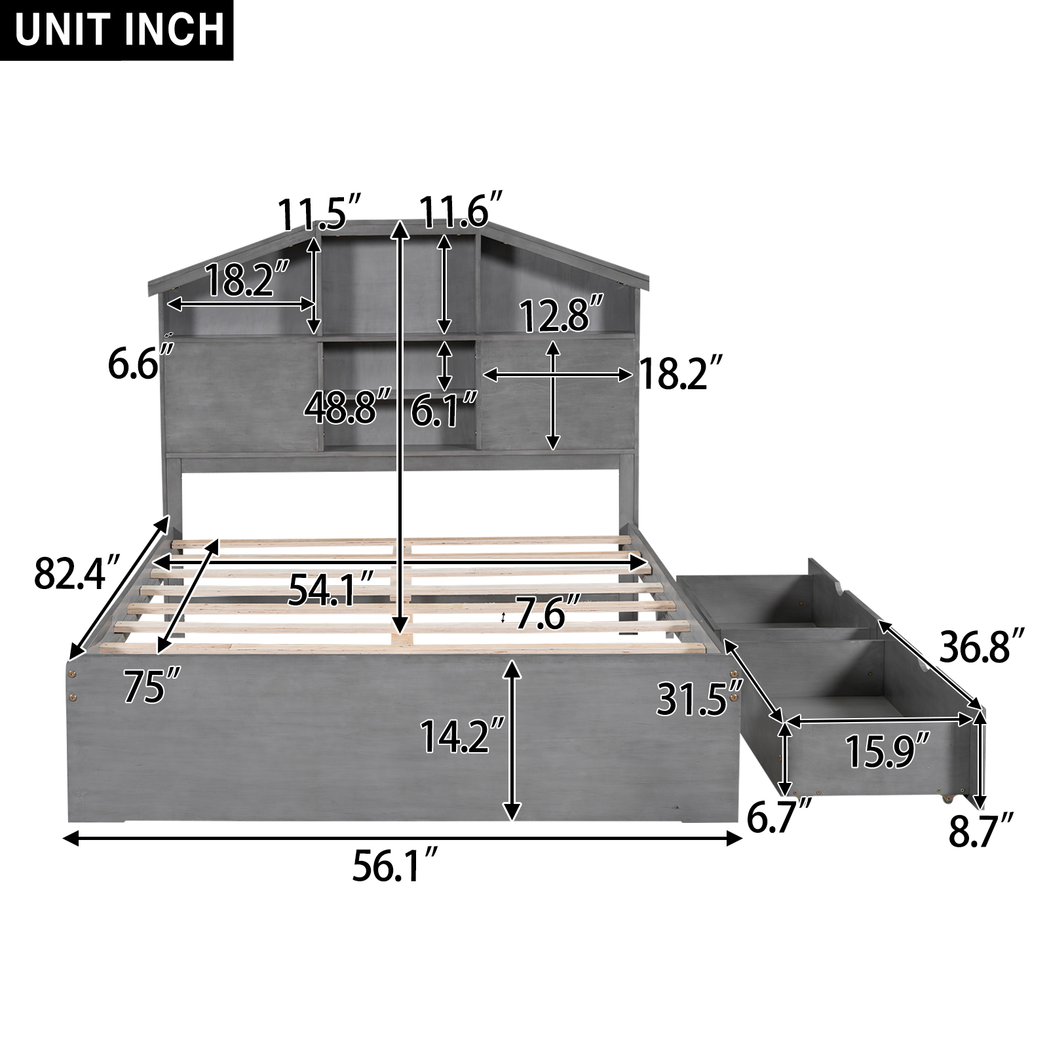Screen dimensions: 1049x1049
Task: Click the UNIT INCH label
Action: click(116, 30)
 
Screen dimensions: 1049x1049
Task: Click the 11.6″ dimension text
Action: click(461, 211)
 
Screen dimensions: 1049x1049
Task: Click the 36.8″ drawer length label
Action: click(982, 646)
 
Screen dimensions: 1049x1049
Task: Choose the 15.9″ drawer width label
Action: click(887, 751)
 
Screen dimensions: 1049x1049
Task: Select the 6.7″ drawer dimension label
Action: click(778, 818)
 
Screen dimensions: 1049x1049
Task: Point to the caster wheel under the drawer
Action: click(945, 799)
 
